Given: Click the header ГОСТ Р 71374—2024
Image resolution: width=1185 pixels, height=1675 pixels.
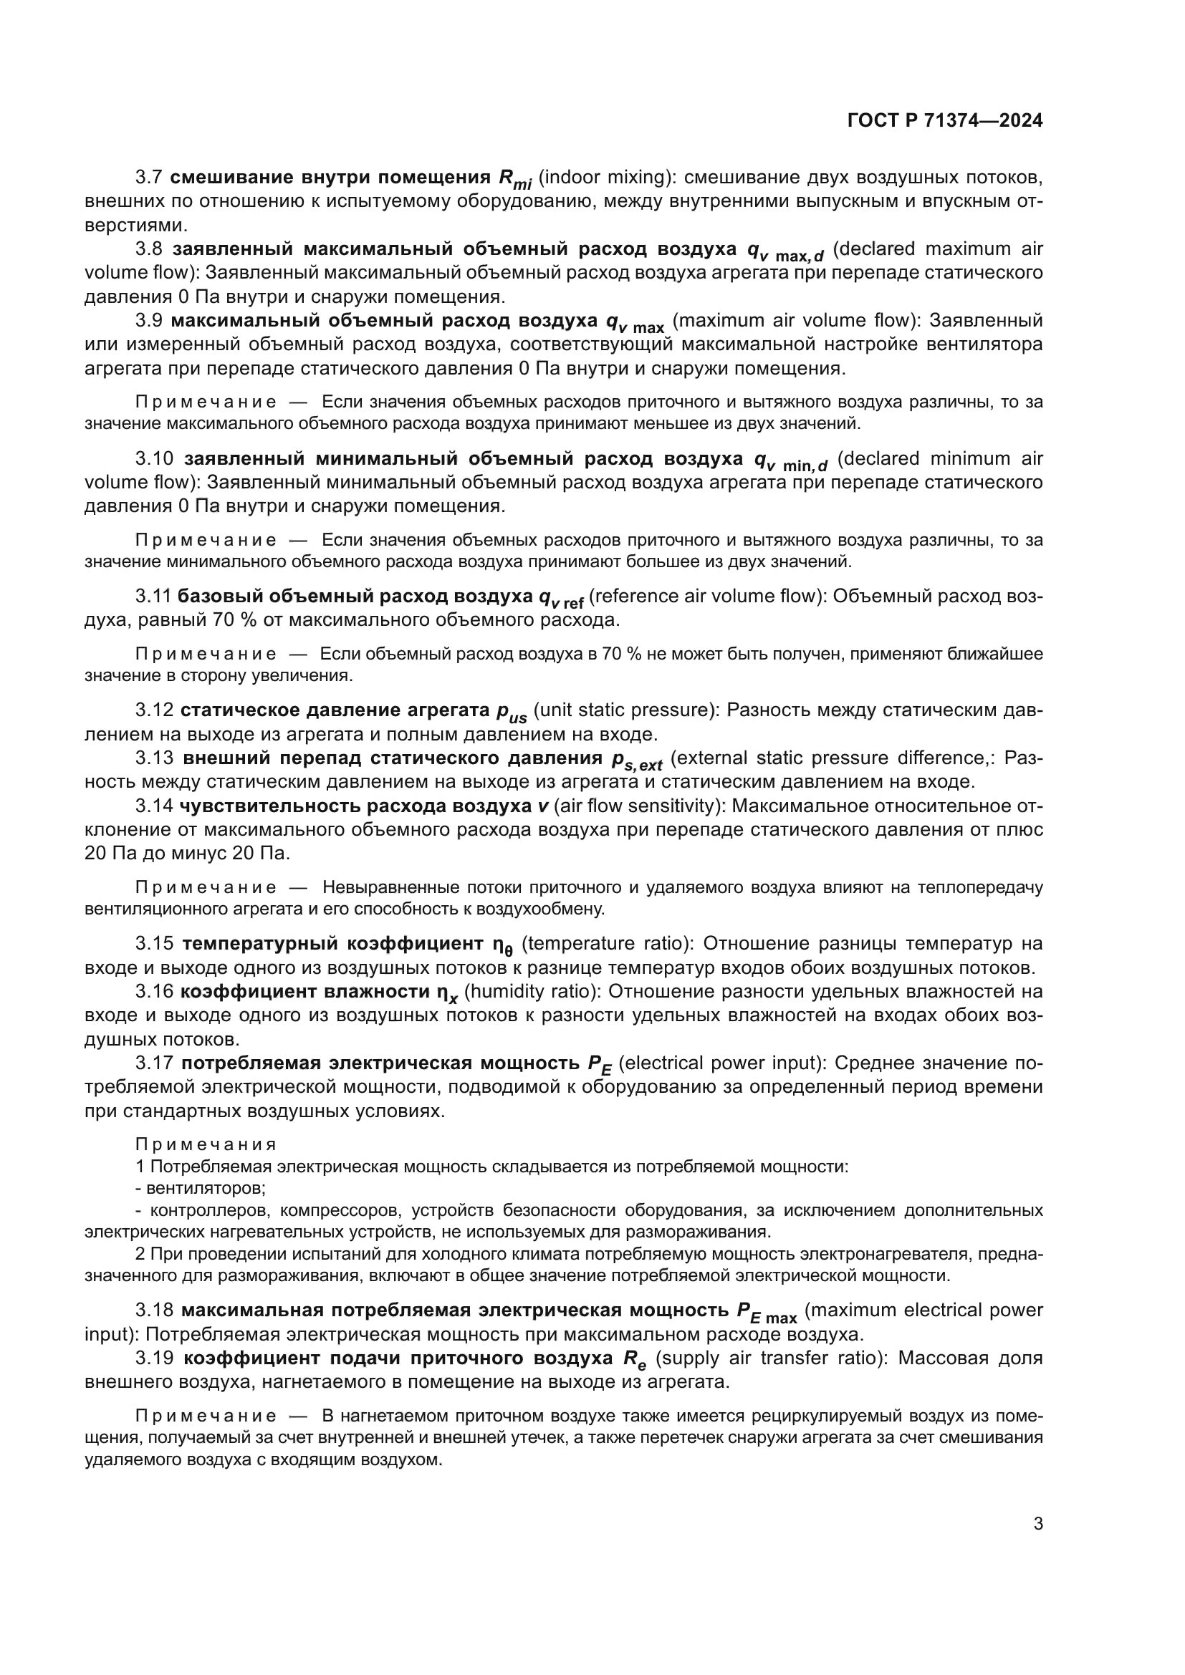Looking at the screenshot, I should click(x=945, y=121).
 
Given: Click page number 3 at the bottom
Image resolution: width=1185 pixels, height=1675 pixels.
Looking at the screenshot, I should click(x=1038, y=1524).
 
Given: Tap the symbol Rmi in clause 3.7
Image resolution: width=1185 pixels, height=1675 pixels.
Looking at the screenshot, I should click(x=515, y=180).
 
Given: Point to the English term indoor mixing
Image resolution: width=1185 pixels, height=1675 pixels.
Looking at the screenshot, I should click(x=605, y=178).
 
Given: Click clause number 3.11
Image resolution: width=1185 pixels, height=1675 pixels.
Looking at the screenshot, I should click(x=153, y=596).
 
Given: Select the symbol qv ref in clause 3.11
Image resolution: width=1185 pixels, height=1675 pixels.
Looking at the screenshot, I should click(x=561, y=599).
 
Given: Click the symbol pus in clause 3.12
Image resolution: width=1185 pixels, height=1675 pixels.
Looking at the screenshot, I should click(x=512, y=713).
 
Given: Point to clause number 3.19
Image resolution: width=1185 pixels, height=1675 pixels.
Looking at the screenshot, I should click(x=154, y=1358).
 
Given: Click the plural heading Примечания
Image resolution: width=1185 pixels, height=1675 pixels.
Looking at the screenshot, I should click(x=206, y=1144).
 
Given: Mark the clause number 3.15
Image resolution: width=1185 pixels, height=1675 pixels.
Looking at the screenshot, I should click(x=154, y=943).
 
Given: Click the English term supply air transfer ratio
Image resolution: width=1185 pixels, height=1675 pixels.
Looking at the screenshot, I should click(x=772, y=1358).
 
